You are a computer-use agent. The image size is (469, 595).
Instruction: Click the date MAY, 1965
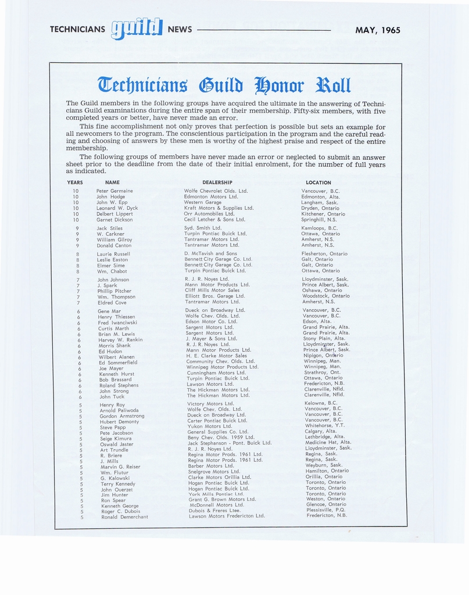378,30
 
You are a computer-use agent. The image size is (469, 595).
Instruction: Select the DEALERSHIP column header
217,182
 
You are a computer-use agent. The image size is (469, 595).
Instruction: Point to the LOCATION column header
318,182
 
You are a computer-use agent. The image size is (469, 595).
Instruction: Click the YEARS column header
75,182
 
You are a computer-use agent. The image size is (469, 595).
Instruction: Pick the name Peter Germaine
114,191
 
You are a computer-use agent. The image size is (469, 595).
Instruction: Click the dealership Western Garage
202,202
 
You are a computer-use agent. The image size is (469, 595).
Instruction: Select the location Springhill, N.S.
319,220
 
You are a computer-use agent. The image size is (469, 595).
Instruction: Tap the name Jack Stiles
110,228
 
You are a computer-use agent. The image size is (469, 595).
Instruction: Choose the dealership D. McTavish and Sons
210,253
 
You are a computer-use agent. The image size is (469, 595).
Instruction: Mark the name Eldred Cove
112,303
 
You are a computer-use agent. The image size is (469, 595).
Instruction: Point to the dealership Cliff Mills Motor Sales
212,291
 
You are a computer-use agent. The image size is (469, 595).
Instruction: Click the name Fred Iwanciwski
117,322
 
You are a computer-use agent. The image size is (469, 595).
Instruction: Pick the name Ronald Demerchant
124,517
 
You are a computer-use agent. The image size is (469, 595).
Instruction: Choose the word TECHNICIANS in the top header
77,30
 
